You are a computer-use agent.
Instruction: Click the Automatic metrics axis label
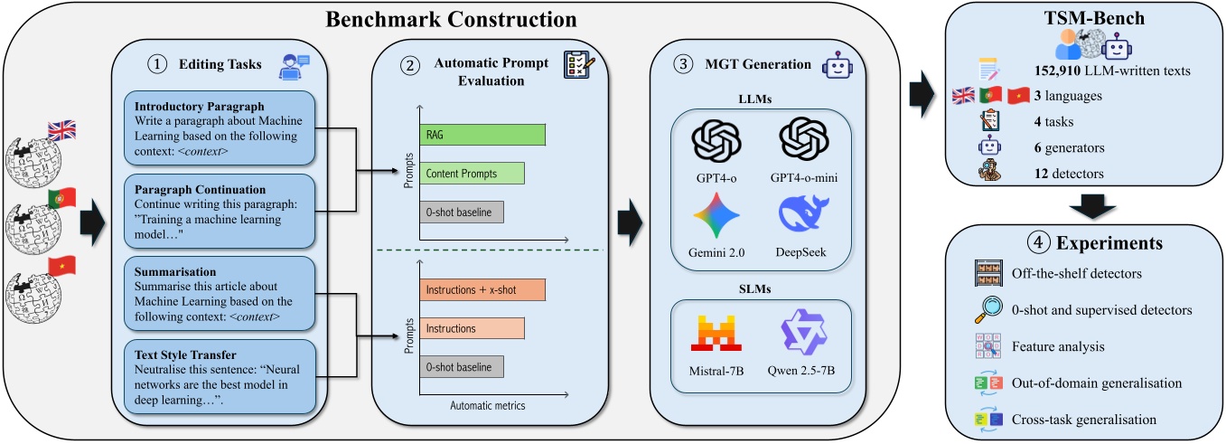(487, 405)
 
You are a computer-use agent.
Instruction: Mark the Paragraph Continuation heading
(194, 189)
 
